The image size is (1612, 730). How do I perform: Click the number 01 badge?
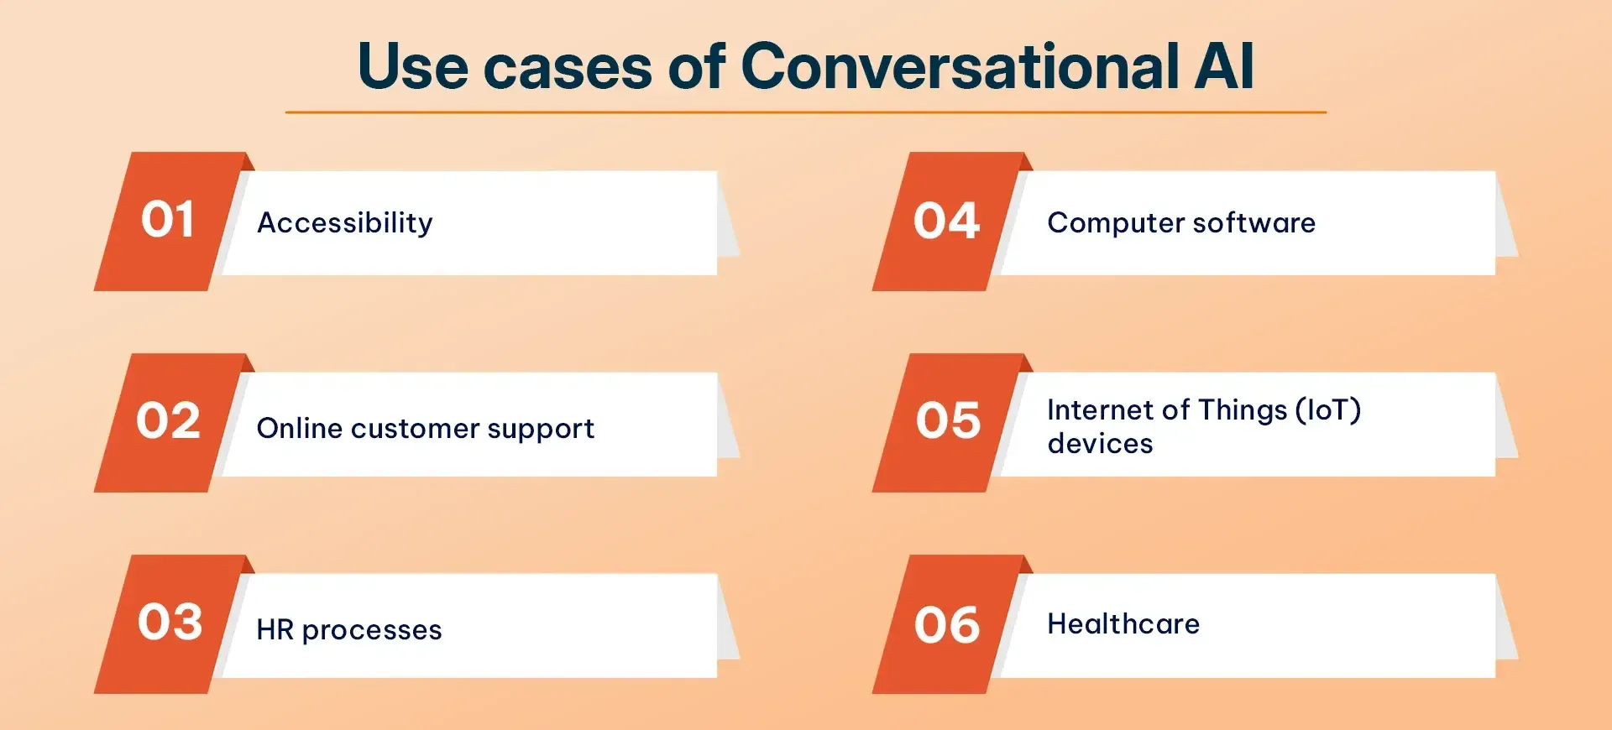(x=168, y=221)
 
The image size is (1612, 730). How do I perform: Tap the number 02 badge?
(x=168, y=421)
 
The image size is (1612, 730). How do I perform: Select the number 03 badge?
(x=170, y=623)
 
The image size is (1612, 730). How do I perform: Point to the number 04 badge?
(x=946, y=222)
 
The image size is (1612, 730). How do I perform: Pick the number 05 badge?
(x=948, y=421)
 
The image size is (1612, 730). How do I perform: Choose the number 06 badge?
(x=947, y=626)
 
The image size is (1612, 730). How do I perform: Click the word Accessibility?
(x=345, y=223)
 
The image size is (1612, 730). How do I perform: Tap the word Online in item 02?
(x=299, y=428)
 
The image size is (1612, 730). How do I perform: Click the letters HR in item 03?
(x=275, y=630)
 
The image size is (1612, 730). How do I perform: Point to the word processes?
(x=371, y=631)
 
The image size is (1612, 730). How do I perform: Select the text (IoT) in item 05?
(x=1327, y=410)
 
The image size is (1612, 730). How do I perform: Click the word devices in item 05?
(x=1100, y=444)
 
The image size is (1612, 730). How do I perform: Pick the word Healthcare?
(x=1123, y=624)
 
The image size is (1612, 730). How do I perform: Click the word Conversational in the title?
(x=960, y=67)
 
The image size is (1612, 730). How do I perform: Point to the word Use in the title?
(x=412, y=67)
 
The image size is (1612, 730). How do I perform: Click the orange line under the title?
(x=805, y=112)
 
